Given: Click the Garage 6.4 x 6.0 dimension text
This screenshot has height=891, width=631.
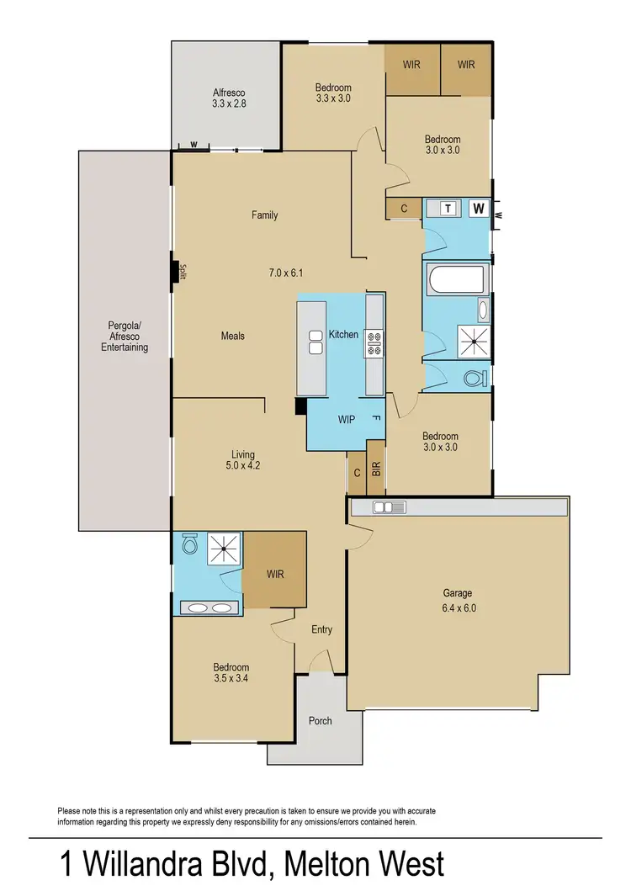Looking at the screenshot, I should click(458, 607).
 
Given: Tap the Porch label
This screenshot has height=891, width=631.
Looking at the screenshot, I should click(321, 721).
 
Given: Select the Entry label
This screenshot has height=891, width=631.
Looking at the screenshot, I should click(321, 629).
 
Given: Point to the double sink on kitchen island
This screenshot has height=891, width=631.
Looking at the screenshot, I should click(316, 342).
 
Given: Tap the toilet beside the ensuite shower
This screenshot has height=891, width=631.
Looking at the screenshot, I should click(190, 547).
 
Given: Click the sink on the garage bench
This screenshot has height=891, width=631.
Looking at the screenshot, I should click(390, 506).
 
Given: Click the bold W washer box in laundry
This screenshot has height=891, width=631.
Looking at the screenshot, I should click(479, 208).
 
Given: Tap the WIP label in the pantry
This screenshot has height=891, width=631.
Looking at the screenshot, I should click(345, 418).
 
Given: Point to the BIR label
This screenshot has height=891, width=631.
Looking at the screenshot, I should click(376, 472).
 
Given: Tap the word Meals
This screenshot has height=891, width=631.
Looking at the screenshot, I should click(233, 336).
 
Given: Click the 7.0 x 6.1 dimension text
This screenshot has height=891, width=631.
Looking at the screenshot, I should click(285, 273).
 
